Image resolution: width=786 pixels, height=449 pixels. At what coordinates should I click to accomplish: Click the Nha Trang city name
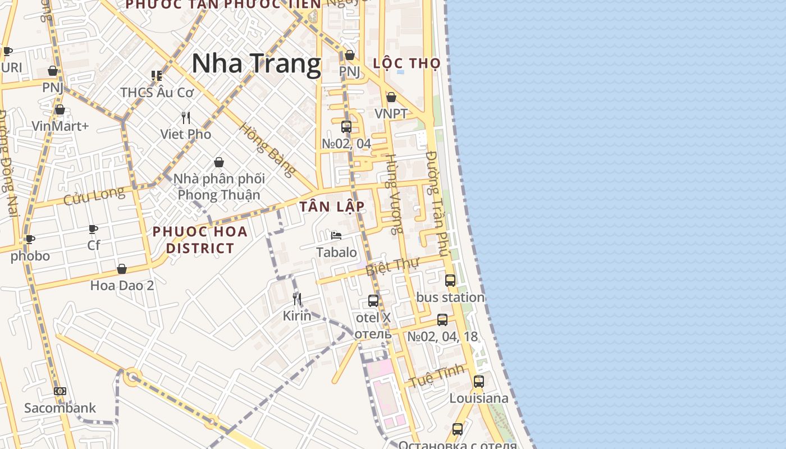tap(256, 63)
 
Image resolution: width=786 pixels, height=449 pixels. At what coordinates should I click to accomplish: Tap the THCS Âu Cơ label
tap(157, 93)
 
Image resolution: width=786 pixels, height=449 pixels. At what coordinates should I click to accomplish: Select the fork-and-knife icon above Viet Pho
tap(186, 118)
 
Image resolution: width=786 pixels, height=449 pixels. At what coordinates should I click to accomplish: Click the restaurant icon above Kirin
tap(297, 299)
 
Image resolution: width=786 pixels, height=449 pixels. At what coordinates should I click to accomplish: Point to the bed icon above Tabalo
tap(336, 236)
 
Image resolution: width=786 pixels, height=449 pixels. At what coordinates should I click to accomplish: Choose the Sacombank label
tap(60, 408)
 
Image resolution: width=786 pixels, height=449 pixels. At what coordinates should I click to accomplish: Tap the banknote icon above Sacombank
tap(60, 391)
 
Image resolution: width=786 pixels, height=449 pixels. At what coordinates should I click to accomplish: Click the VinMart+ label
tap(60, 126)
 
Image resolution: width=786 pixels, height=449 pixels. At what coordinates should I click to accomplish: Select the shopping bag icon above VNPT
tap(391, 98)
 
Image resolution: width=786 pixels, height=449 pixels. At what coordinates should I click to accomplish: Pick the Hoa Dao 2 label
tap(122, 286)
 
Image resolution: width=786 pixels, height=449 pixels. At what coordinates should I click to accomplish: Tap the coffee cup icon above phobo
tap(30, 240)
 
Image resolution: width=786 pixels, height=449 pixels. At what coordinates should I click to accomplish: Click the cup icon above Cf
tap(93, 229)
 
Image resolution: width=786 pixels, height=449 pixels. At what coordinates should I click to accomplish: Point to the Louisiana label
tap(479, 398)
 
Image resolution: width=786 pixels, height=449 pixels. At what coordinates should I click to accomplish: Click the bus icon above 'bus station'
tap(450, 280)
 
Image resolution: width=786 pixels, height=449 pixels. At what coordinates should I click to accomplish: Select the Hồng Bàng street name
tap(267, 149)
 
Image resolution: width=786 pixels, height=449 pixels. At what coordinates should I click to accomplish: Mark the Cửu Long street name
tap(94, 196)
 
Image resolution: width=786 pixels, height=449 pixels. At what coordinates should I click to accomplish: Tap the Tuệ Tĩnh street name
tap(437, 375)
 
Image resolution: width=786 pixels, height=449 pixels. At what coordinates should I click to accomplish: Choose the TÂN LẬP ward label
tap(332, 207)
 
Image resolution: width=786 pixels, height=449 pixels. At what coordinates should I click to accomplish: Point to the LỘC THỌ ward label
tap(406, 63)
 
